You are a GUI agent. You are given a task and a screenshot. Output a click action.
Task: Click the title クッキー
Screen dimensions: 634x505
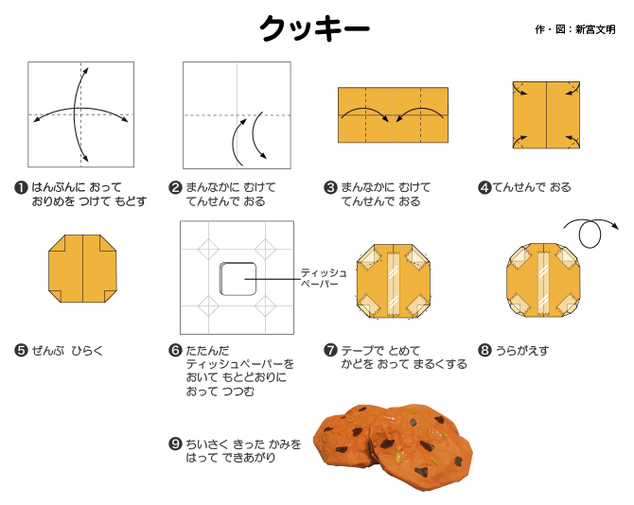click(x=314, y=28)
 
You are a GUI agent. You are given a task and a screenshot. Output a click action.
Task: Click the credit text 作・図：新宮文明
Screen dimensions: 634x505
click(x=575, y=29)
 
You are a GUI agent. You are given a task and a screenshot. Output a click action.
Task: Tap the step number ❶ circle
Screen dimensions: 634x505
click(x=21, y=188)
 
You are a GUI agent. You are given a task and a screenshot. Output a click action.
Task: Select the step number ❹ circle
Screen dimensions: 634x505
click(x=484, y=188)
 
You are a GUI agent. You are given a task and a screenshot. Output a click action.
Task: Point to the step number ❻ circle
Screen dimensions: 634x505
click(x=175, y=350)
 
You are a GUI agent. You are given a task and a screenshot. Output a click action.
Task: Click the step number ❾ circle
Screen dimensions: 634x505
click(x=175, y=444)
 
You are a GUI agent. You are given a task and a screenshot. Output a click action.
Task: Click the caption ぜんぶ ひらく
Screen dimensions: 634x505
click(x=67, y=350)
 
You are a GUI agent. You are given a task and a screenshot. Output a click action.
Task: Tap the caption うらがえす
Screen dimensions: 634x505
click(x=522, y=350)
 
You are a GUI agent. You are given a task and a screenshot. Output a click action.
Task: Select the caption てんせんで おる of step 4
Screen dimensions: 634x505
click(x=532, y=187)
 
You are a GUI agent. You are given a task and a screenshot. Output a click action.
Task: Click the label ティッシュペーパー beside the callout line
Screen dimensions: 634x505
click(x=324, y=278)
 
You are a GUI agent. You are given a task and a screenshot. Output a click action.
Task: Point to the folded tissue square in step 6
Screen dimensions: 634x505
click(x=238, y=279)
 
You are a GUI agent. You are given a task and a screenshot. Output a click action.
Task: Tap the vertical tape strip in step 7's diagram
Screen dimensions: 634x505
click(x=393, y=284)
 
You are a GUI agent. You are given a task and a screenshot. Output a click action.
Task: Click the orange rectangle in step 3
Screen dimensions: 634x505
click(x=393, y=115)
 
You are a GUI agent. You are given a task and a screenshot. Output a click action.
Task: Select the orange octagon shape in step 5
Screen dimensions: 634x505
click(x=82, y=269)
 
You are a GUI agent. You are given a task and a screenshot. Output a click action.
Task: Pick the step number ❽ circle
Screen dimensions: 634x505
click(x=484, y=350)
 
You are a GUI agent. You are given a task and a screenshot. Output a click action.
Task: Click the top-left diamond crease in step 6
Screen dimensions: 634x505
click(x=208, y=250)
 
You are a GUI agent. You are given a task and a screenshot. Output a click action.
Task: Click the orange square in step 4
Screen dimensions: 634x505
click(x=546, y=115)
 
